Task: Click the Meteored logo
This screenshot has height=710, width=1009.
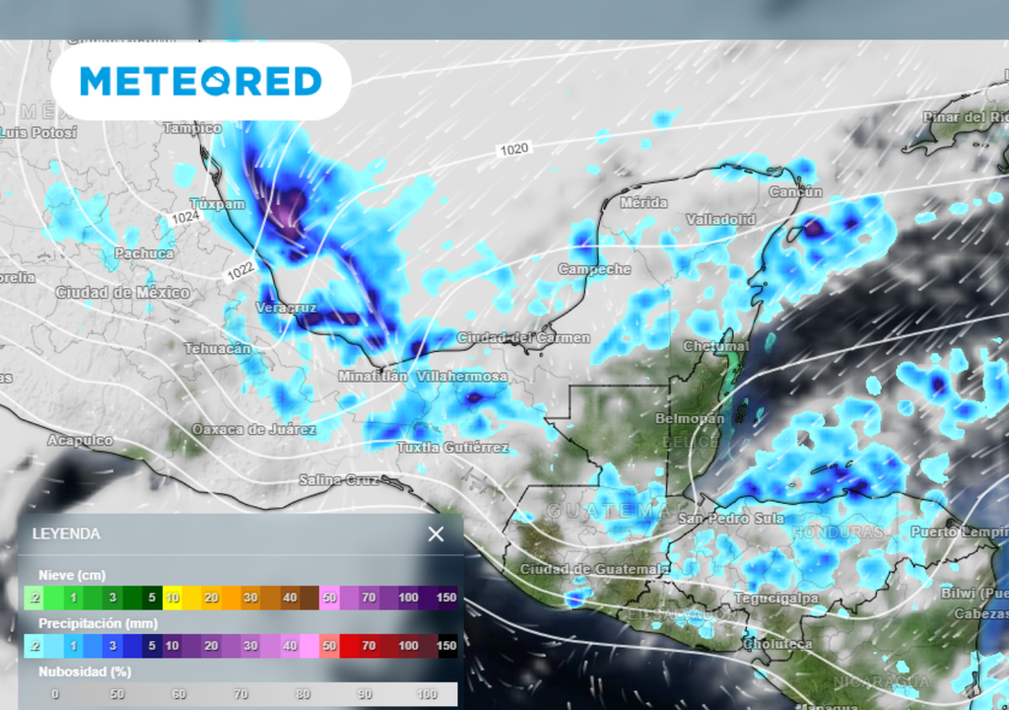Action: [201, 81]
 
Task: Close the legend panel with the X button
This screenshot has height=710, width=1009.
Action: [436, 534]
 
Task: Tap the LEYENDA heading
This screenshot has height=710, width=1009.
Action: [67, 533]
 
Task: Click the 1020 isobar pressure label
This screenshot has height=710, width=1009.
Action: [514, 150]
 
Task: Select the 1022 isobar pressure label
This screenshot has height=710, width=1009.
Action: [237, 269]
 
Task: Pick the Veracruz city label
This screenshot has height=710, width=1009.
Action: [284, 308]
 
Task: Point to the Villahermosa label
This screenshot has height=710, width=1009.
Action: [462, 377]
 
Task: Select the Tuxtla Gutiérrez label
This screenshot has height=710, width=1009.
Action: [453, 448]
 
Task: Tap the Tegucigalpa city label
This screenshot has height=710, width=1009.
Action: [776, 599]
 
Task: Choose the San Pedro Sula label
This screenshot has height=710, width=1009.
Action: [730, 519]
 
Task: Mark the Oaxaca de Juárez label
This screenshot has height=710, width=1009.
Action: [254, 429]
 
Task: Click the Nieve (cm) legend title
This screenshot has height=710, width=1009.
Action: [71, 575]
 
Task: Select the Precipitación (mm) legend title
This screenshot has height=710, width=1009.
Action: [98, 623]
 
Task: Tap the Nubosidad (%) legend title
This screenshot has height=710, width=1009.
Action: [85, 672]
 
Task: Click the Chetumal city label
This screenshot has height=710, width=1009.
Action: [716, 346]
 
